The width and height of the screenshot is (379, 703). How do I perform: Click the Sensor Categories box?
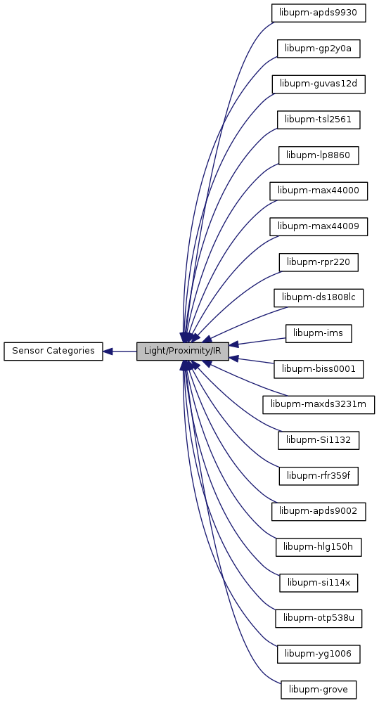[53, 351]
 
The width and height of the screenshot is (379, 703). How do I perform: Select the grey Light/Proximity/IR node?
[183, 351]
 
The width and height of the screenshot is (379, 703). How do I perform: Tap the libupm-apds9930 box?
[319, 13]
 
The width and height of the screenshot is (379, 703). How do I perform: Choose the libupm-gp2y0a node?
[319, 49]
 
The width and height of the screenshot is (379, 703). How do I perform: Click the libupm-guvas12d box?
[319, 84]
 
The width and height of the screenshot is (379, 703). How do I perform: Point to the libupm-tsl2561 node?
[319, 120]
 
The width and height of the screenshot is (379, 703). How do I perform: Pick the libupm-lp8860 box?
[319, 155]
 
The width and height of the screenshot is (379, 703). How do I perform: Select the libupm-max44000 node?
[319, 191]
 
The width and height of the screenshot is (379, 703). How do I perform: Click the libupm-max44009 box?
[319, 227]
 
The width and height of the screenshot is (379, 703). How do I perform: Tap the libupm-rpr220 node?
[319, 262]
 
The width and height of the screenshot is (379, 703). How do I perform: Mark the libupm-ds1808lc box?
[319, 297]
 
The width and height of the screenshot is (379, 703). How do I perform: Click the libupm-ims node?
[319, 333]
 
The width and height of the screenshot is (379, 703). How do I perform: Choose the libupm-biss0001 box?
[319, 369]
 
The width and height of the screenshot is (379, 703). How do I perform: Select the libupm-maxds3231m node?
[319, 405]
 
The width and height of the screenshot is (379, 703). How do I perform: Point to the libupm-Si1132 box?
[319, 440]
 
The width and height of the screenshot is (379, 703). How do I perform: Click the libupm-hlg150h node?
[319, 547]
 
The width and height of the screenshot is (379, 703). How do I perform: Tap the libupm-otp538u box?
[319, 618]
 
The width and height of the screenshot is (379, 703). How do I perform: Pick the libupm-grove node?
[319, 690]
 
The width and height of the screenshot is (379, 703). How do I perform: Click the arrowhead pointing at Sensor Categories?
[108, 351]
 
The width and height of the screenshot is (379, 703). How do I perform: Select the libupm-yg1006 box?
[319, 654]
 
